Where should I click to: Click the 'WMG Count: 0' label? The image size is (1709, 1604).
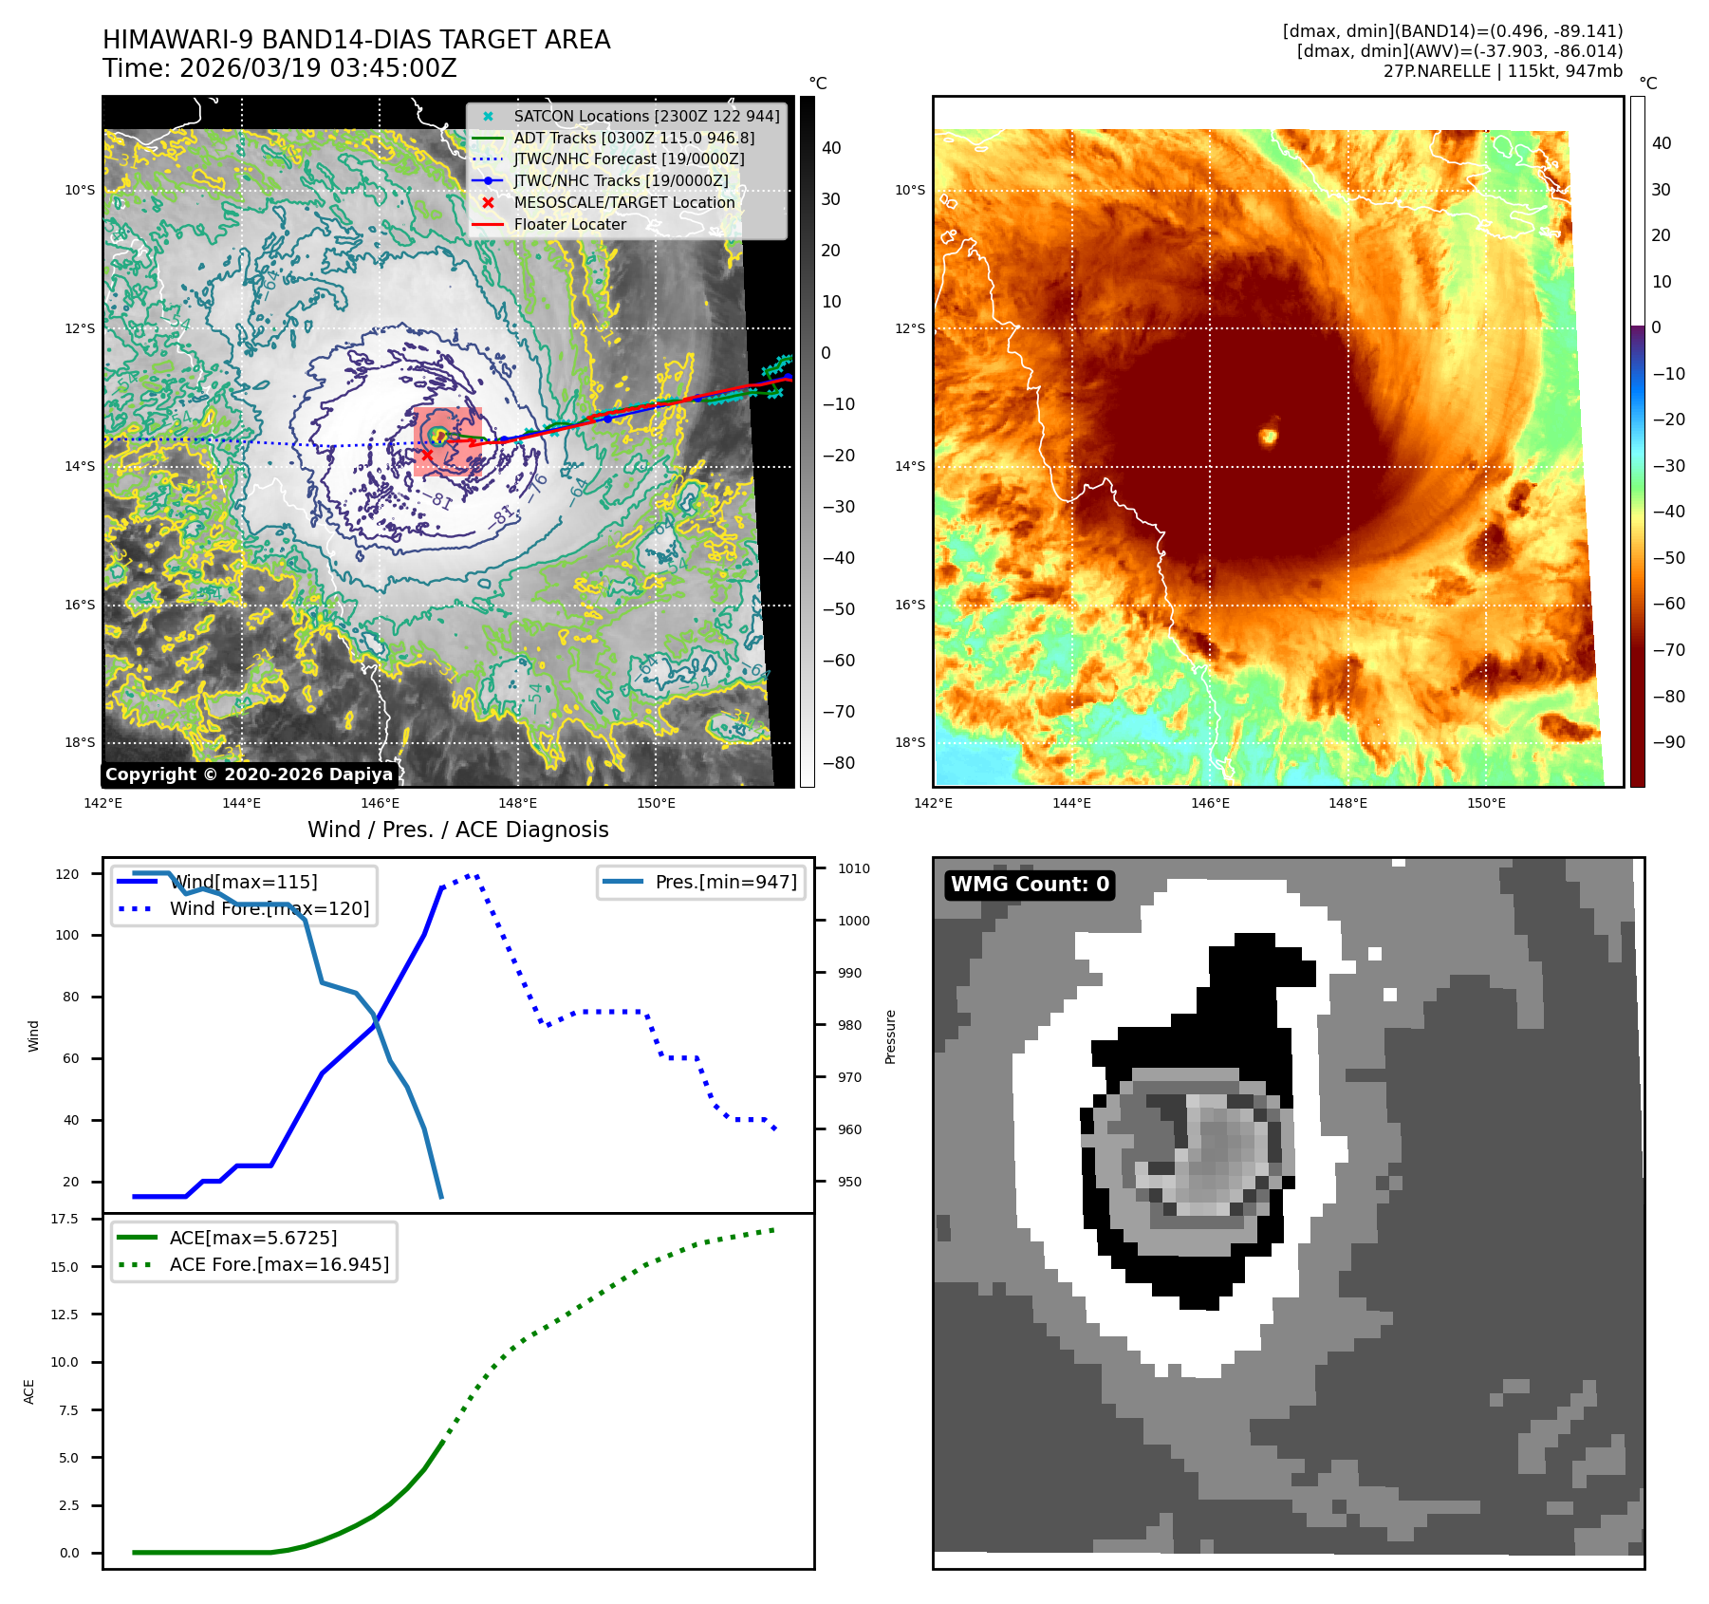coord(1030,885)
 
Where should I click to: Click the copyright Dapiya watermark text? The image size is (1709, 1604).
coord(249,774)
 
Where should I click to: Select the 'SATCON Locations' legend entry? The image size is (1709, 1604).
coord(646,116)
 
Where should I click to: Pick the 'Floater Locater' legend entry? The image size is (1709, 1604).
coord(569,224)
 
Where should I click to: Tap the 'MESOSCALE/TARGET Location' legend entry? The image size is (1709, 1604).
coord(623,202)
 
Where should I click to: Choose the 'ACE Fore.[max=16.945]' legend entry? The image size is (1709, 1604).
coord(279,1264)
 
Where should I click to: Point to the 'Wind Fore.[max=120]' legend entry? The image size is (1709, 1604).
coord(269,908)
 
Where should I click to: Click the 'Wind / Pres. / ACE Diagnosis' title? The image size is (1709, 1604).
coord(457,830)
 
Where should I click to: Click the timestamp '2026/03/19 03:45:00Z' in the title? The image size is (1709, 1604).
coord(318,68)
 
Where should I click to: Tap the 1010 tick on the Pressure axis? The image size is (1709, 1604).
coord(853,868)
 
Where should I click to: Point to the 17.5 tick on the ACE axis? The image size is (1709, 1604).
coord(65,1219)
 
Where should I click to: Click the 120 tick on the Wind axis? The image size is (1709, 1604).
coord(67,874)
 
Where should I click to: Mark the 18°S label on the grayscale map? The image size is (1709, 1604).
coord(80,742)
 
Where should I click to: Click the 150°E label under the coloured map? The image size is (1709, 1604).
coord(1486,803)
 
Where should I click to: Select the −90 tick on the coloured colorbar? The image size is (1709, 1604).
coord(1668,742)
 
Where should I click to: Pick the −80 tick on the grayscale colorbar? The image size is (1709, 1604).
coord(838,763)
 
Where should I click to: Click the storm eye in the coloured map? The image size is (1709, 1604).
coord(1269,436)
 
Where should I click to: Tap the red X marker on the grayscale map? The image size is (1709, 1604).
coord(427,455)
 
